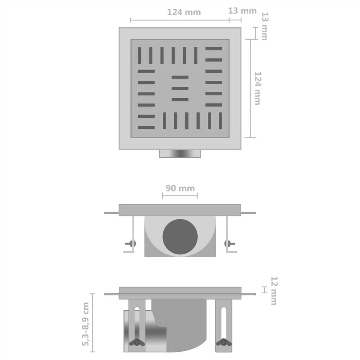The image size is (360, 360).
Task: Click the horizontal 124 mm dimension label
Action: click(x=184, y=12)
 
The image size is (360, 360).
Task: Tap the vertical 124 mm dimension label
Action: click(x=258, y=88)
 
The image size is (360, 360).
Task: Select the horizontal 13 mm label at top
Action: click(x=242, y=11)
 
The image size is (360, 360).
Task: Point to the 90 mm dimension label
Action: click(x=180, y=188)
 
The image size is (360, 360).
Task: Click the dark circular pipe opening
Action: click(x=180, y=237)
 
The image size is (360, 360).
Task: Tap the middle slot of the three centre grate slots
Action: click(x=180, y=88)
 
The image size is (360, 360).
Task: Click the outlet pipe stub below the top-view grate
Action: click(x=180, y=154)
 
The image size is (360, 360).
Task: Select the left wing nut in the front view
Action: click(x=131, y=244)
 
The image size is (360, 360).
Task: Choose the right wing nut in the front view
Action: click(x=229, y=244)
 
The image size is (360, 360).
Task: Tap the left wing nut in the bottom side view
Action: click(x=137, y=342)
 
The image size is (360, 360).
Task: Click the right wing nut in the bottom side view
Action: click(x=224, y=342)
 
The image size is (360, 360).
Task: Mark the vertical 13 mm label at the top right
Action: click(x=265, y=26)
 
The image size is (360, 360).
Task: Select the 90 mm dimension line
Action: click(x=180, y=196)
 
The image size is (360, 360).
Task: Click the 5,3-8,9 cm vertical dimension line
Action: click(x=93, y=323)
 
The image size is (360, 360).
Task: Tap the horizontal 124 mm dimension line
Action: click(x=180, y=20)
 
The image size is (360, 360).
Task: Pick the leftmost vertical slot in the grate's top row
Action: click(x=139, y=55)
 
